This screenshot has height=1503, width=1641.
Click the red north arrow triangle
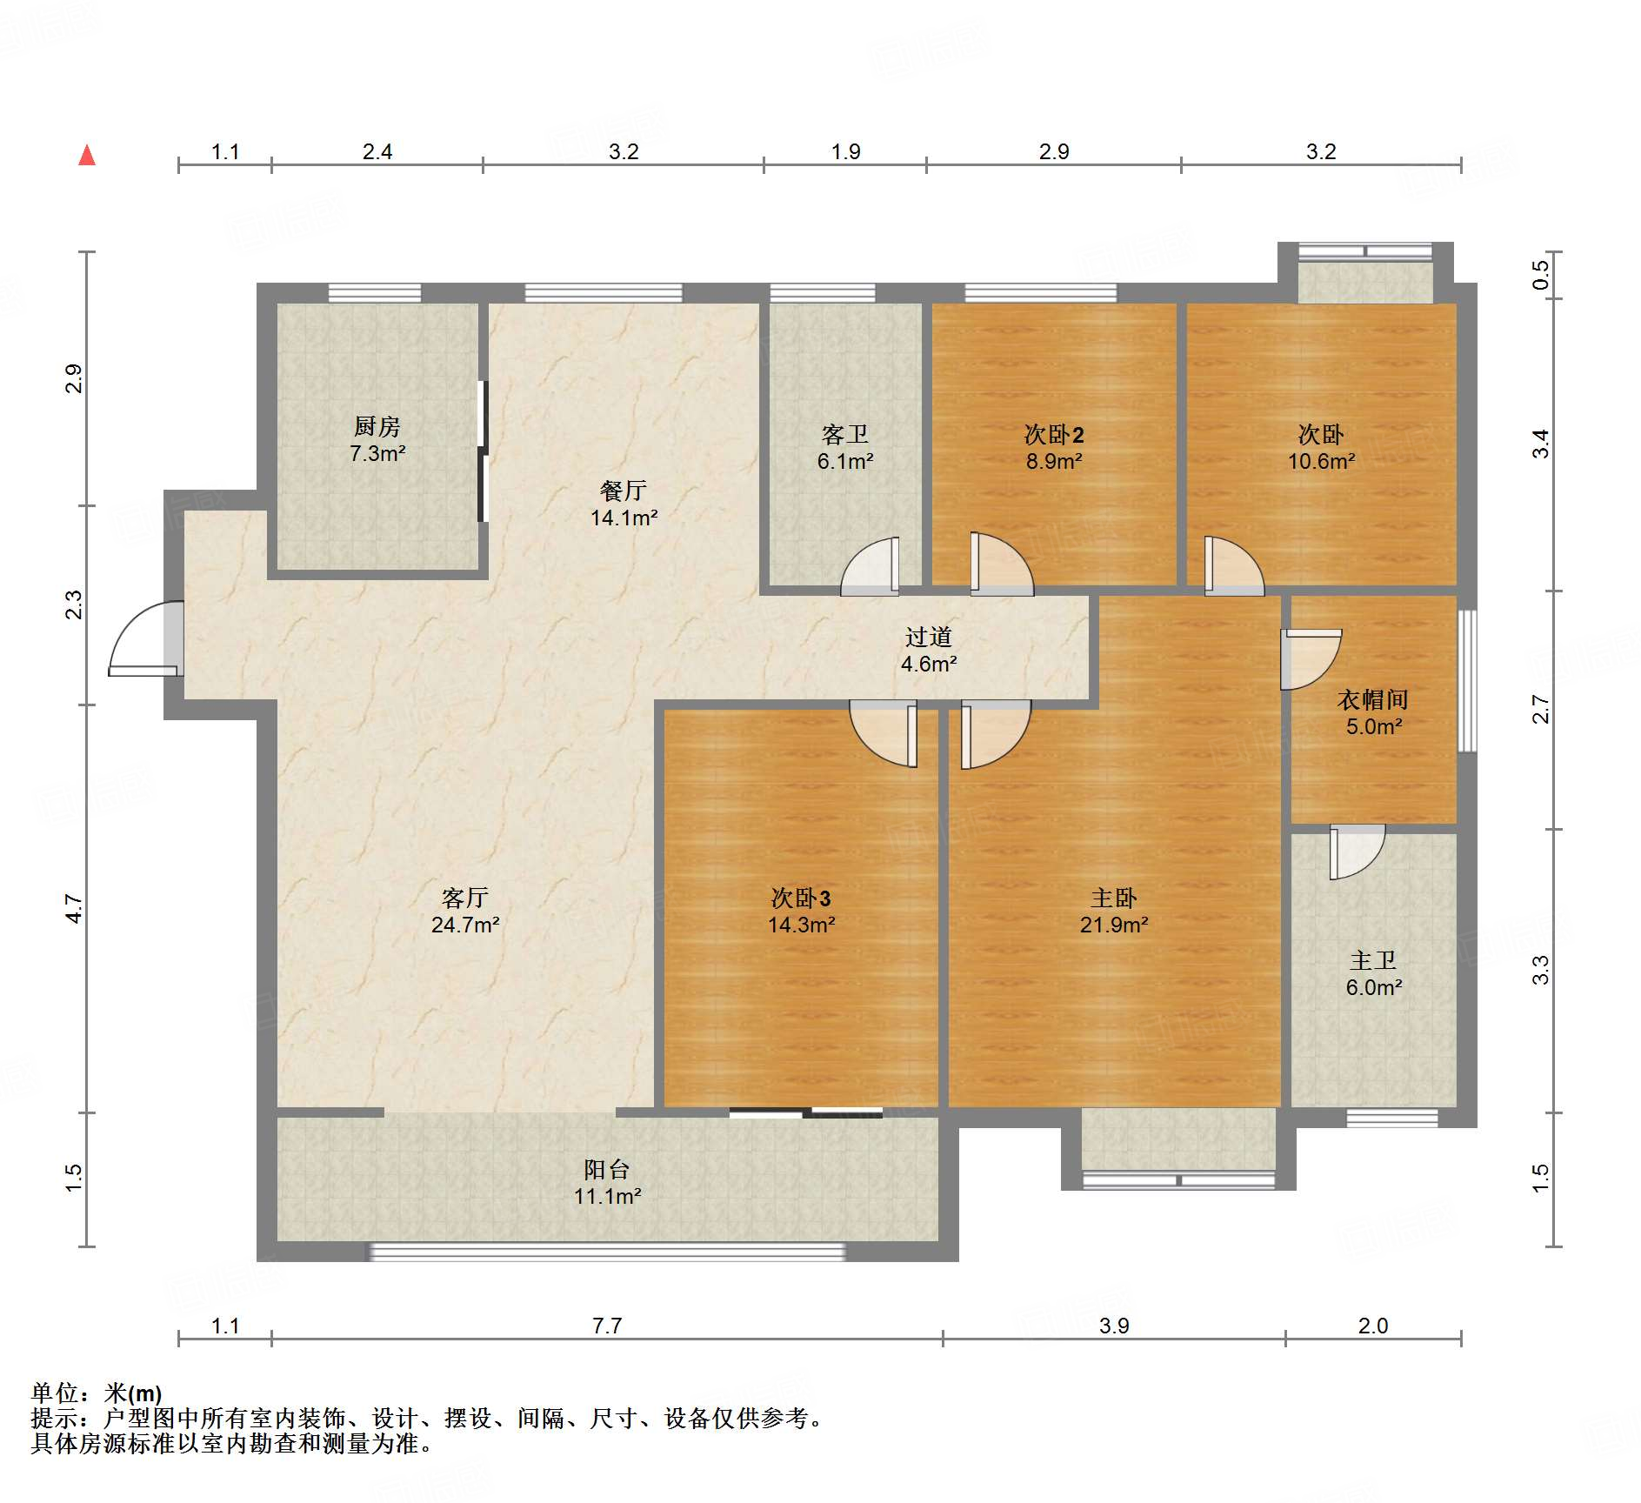[x=87, y=156]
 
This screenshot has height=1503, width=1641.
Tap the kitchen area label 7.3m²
[x=377, y=453]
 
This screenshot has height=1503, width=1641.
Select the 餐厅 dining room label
[x=624, y=491]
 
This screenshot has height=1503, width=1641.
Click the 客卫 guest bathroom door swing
[x=870, y=566]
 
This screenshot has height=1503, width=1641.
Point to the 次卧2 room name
[x=1054, y=434]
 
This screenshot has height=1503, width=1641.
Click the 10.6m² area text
[x=1321, y=461]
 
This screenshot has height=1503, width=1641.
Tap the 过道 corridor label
[x=929, y=637]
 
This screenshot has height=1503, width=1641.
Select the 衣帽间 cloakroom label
[x=1373, y=699]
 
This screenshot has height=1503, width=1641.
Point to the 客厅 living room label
[x=465, y=898]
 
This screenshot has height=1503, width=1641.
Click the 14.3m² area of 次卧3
[x=801, y=925]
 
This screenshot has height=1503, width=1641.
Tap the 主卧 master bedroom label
[x=1114, y=898]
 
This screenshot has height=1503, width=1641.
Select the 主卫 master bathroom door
[x=1357, y=852]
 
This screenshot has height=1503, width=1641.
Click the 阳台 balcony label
[x=607, y=1169]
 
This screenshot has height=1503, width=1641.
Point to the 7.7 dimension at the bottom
[x=607, y=1326]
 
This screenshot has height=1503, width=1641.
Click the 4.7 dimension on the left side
[x=75, y=909]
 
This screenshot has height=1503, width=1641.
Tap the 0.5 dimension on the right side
[x=1541, y=275]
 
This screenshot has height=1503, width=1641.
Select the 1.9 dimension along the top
[x=845, y=151]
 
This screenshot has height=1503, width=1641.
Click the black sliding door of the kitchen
[x=483, y=451]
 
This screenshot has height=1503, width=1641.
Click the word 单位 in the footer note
[x=55, y=1393]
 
